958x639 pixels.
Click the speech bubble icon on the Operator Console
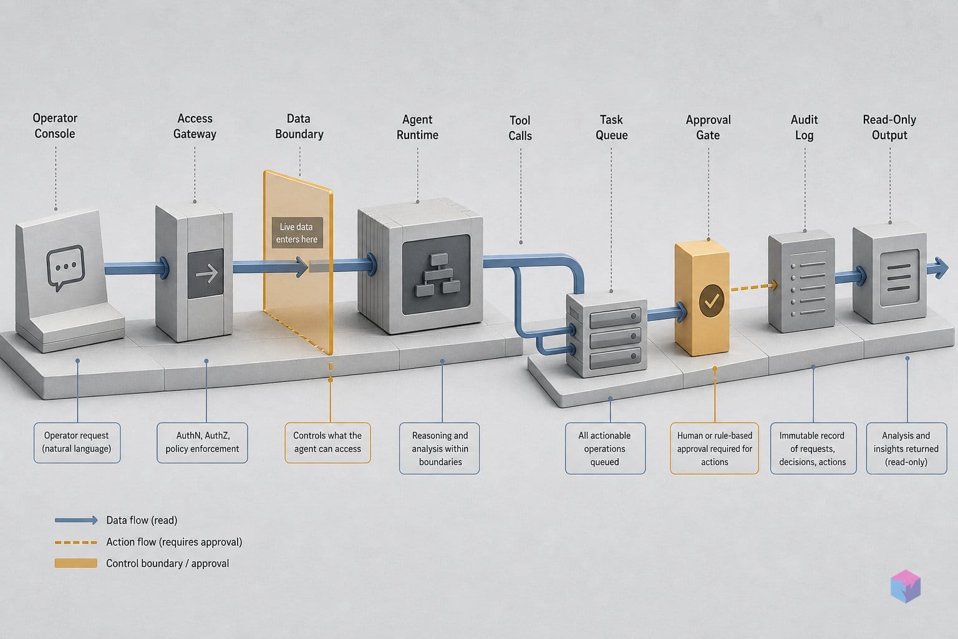coord(65,267)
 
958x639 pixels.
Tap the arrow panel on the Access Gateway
coord(205,273)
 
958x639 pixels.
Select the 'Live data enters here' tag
coord(297,233)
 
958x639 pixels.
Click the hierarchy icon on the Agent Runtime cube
coord(437,275)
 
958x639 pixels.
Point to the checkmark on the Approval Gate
coord(712,301)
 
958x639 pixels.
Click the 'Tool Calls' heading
coord(520,128)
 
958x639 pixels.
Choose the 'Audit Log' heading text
coord(804,127)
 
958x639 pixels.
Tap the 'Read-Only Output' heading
coord(889,127)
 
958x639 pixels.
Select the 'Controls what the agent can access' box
coord(327,442)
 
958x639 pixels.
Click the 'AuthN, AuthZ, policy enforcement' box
coord(202,442)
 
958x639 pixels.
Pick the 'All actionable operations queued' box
coord(605,448)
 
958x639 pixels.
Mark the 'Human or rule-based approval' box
coord(714,448)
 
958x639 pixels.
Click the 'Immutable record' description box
coord(813,448)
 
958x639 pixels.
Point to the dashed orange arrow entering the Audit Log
coord(753,287)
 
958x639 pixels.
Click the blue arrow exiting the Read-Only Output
coord(937,268)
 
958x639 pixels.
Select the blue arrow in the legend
coord(76,520)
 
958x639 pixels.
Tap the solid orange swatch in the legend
coord(75,563)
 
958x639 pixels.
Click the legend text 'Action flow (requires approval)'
coord(174,542)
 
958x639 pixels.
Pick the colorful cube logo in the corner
coord(906,586)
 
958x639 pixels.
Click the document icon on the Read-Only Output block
coord(899,278)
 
